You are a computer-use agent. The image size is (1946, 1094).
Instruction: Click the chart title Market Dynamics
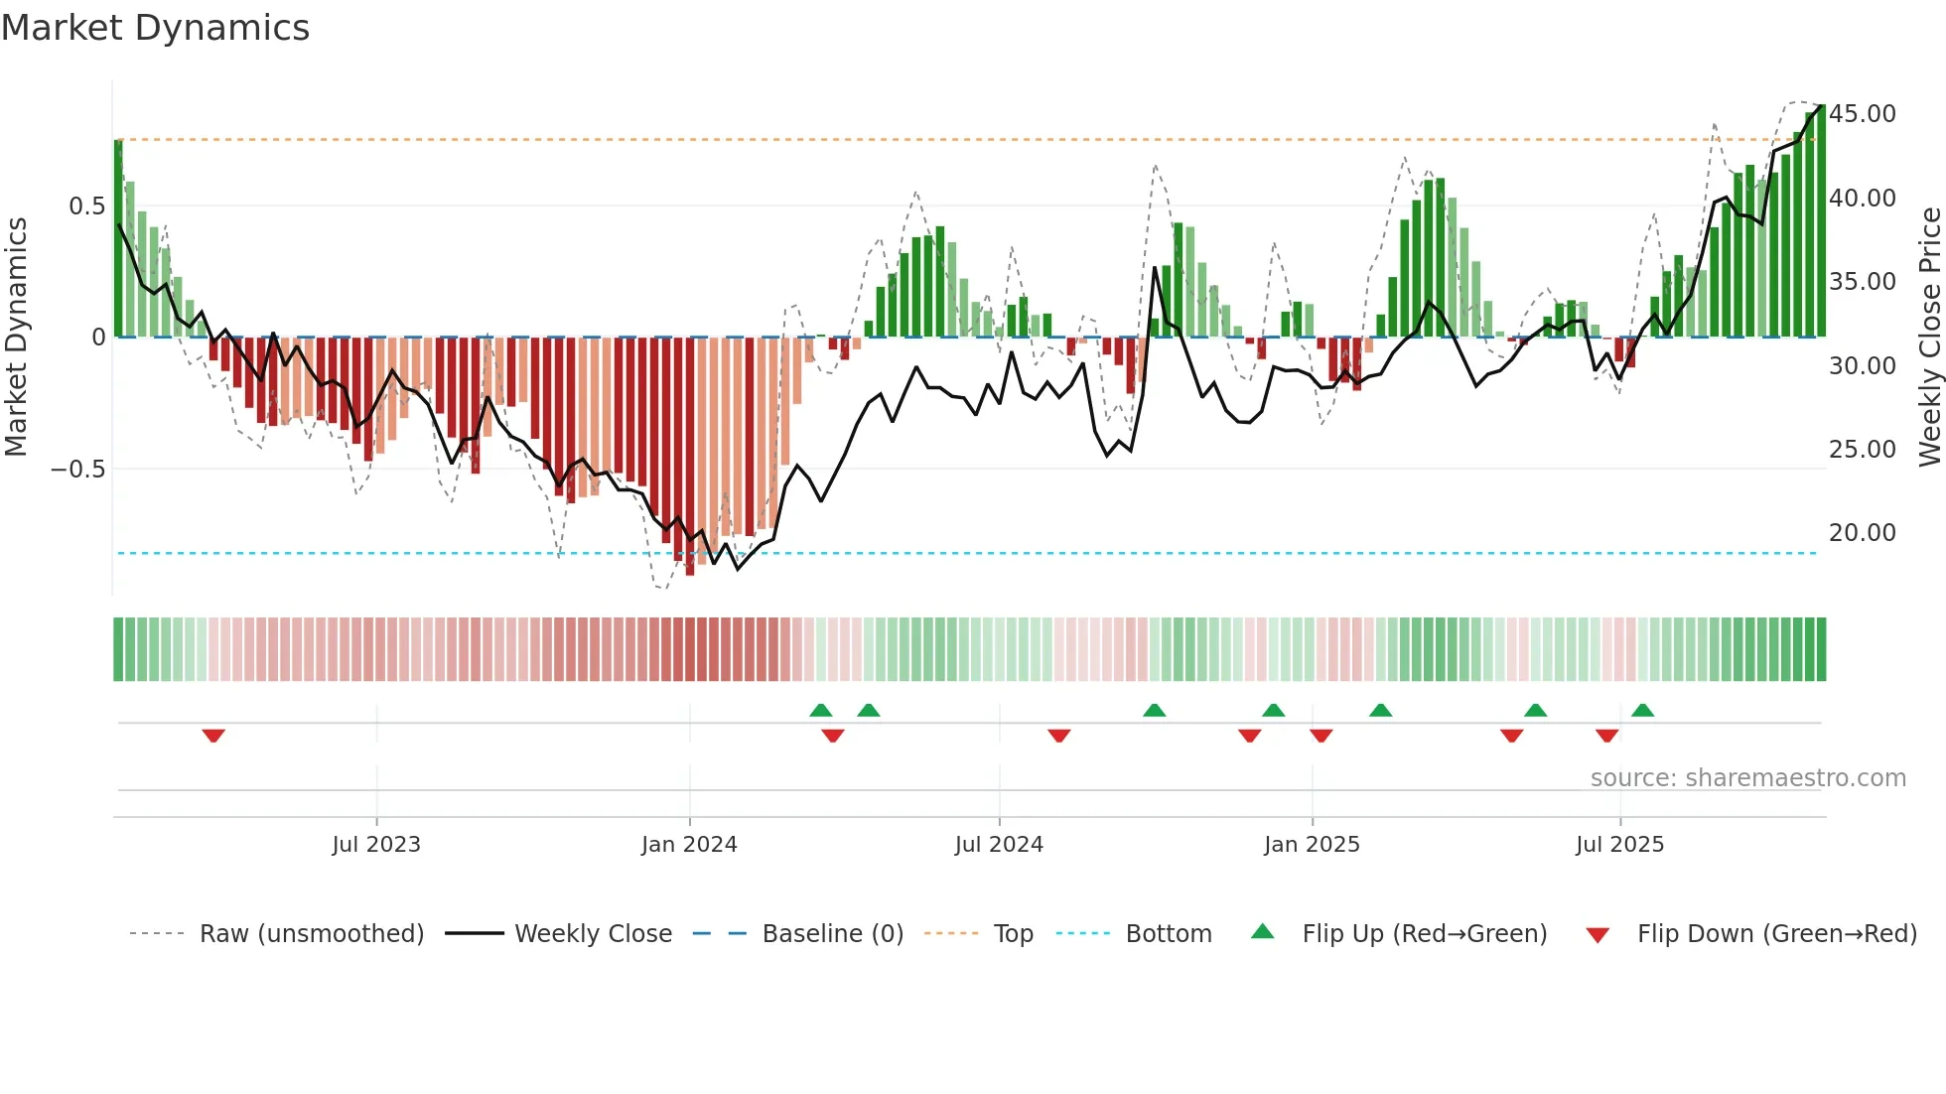[x=156, y=28]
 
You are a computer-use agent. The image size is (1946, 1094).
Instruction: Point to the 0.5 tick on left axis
[x=86, y=206]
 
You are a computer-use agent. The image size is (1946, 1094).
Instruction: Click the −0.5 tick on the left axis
[x=78, y=469]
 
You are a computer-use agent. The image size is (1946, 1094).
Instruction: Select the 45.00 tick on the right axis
[x=1862, y=114]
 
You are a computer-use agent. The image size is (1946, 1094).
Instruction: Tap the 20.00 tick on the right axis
[x=1862, y=533]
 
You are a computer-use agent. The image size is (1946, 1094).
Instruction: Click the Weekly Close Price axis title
[x=1929, y=338]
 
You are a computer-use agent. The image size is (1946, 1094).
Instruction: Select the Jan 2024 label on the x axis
[x=689, y=845]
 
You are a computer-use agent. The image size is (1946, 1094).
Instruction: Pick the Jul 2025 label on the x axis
[x=1619, y=845]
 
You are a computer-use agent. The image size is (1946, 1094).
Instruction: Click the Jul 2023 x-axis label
[x=376, y=845]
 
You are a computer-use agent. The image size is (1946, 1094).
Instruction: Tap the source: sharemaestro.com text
[x=1747, y=778]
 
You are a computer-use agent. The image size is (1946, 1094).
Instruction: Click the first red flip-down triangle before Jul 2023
[x=213, y=736]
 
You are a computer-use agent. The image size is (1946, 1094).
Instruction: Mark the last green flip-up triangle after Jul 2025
[x=1642, y=710]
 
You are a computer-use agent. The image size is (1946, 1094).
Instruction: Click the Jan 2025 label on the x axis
[x=1312, y=845]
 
